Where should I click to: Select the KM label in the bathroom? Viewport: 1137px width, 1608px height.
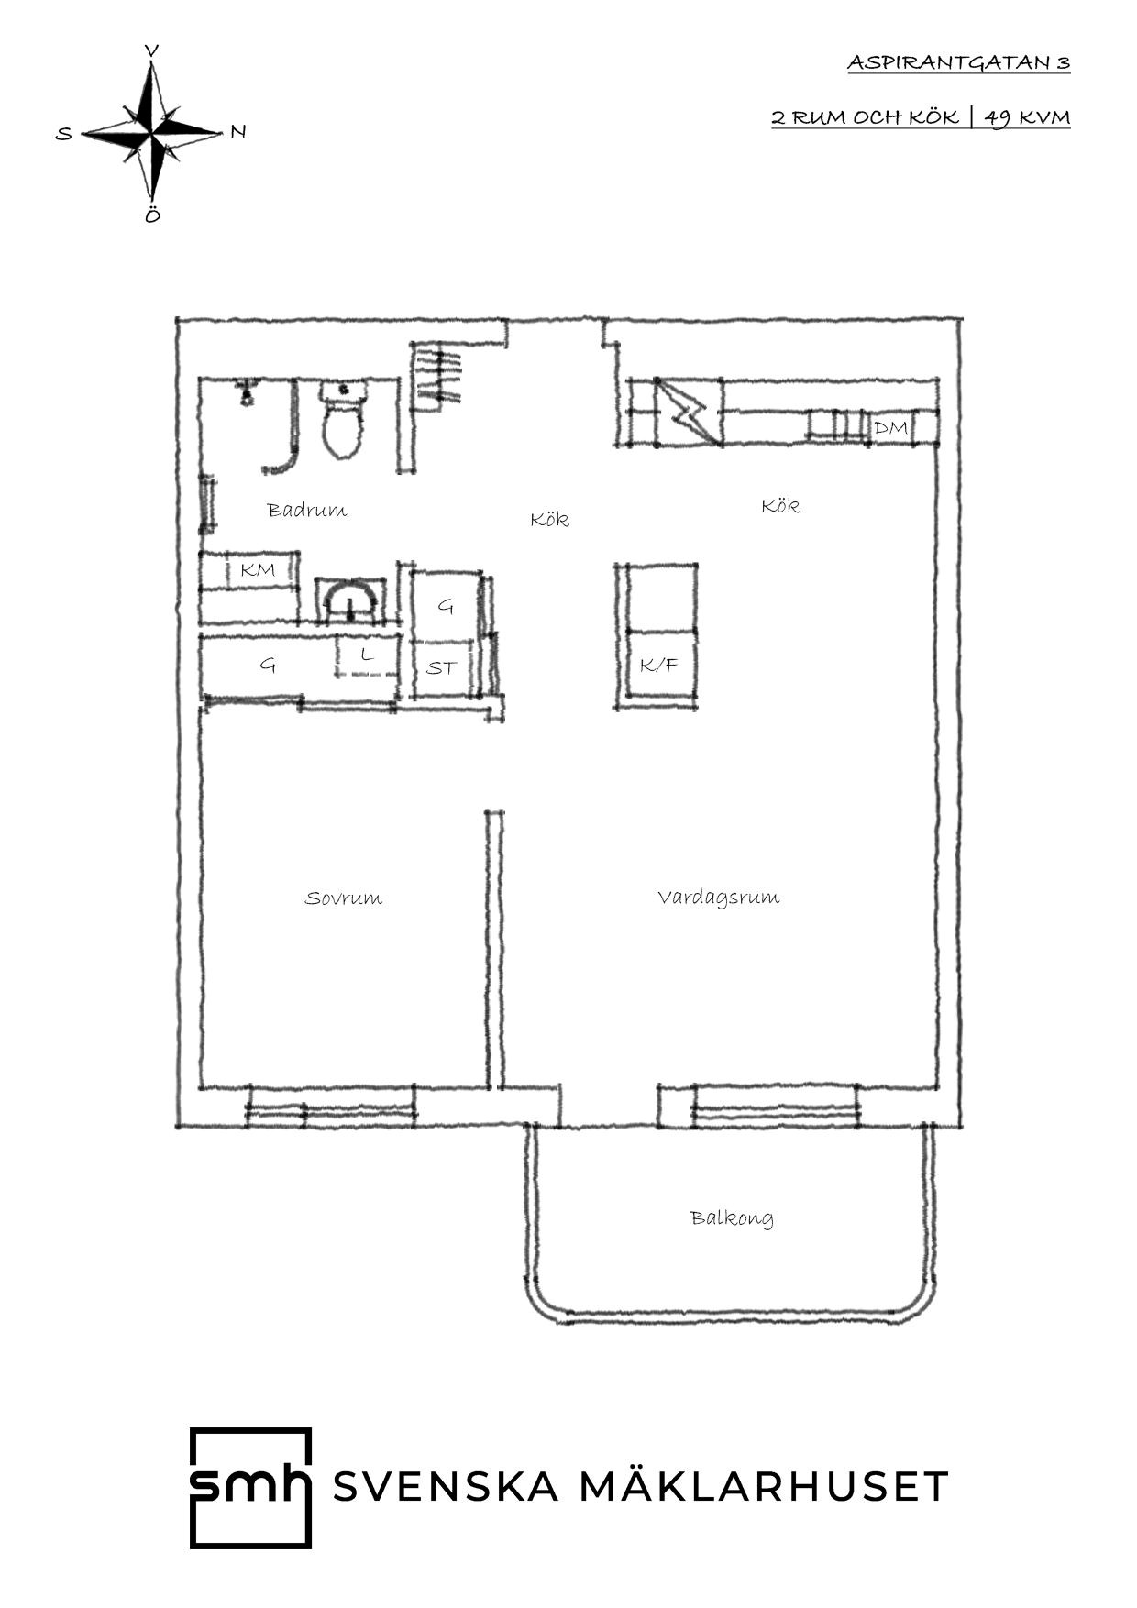coord(258,570)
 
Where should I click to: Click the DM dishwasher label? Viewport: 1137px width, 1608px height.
coord(890,428)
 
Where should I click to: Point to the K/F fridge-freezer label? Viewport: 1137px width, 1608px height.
coord(658,665)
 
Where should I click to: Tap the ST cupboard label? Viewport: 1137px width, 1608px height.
coord(441,667)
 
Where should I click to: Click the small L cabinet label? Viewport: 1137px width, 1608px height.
coord(368,655)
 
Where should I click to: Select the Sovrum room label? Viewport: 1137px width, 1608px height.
coord(343,898)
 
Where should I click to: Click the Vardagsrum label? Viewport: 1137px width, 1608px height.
coord(719,897)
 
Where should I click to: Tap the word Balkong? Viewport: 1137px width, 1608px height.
coord(732,1217)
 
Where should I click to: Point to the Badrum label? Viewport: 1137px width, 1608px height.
coord(307,510)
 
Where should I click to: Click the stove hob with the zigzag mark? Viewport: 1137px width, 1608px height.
coord(688,413)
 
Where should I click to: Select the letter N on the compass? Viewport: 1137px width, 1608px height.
coord(238,131)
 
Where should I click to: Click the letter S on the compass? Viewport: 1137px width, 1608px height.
coord(63,134)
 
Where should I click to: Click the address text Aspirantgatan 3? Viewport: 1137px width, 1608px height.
coord(958,62)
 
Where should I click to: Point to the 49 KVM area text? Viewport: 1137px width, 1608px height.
coord(1027,117)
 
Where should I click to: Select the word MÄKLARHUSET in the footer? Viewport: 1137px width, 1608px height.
coord(764,1486)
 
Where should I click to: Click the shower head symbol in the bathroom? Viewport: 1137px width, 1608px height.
coord(245,393)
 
